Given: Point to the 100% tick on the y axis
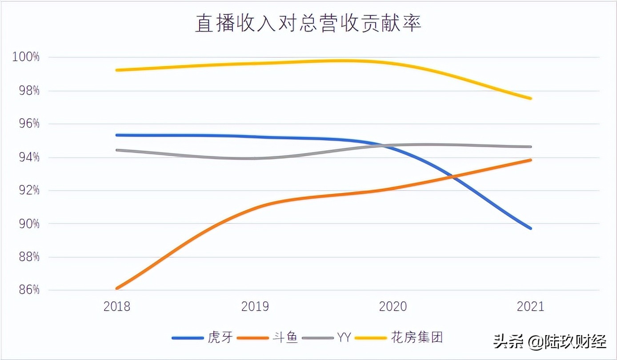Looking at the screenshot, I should coord(25,57).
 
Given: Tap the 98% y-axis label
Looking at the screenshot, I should coord(28,91).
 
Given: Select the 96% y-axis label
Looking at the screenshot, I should coord(28,124).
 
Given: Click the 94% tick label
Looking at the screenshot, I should coord(28,157).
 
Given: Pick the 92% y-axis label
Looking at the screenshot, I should coord(28,191).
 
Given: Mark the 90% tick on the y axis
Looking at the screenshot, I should coord(28,224).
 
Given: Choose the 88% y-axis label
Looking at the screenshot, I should coord(28,257).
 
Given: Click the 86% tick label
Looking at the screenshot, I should coord(28,290).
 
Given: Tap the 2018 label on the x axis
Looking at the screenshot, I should coord(117,307).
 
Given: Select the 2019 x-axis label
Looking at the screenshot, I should coord(255,307).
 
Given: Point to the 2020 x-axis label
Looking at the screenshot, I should coord(393,307).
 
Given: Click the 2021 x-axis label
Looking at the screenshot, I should coord(531,307).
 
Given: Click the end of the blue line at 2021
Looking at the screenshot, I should coord(530,228).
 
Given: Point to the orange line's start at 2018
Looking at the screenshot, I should coord(117,288).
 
